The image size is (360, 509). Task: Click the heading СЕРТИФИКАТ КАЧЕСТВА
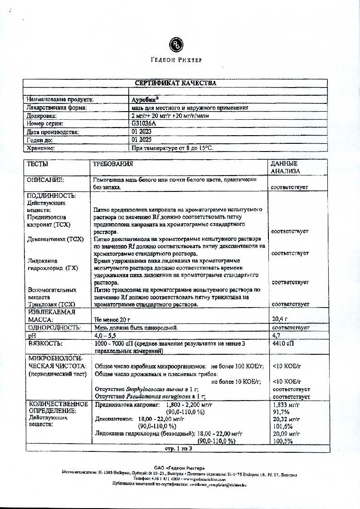(x=175, y=83)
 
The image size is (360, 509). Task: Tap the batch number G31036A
(x=143, y=123)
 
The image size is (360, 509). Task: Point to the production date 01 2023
(x=141, y=132)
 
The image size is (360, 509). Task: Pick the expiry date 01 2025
(x=141, y=140)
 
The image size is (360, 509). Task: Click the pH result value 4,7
(x=277, y=335)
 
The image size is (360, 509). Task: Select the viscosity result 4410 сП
(x=283, y=343)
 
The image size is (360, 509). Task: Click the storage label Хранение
(x=41, y=148)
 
